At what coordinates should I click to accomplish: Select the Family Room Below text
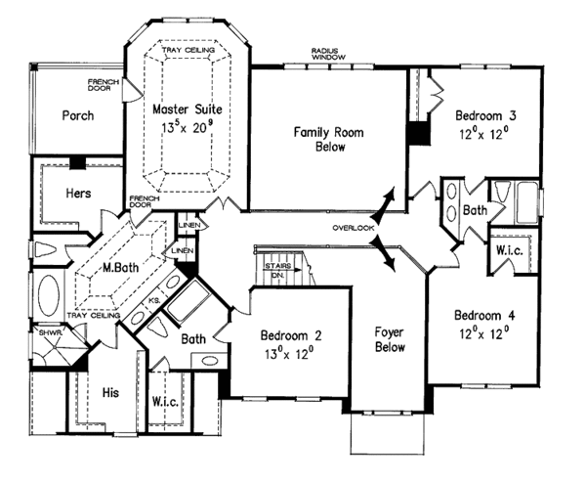(x=326, y=139)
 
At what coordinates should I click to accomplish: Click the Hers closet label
(x=80, y=193)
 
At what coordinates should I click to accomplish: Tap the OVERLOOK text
(x=353, y=228)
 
